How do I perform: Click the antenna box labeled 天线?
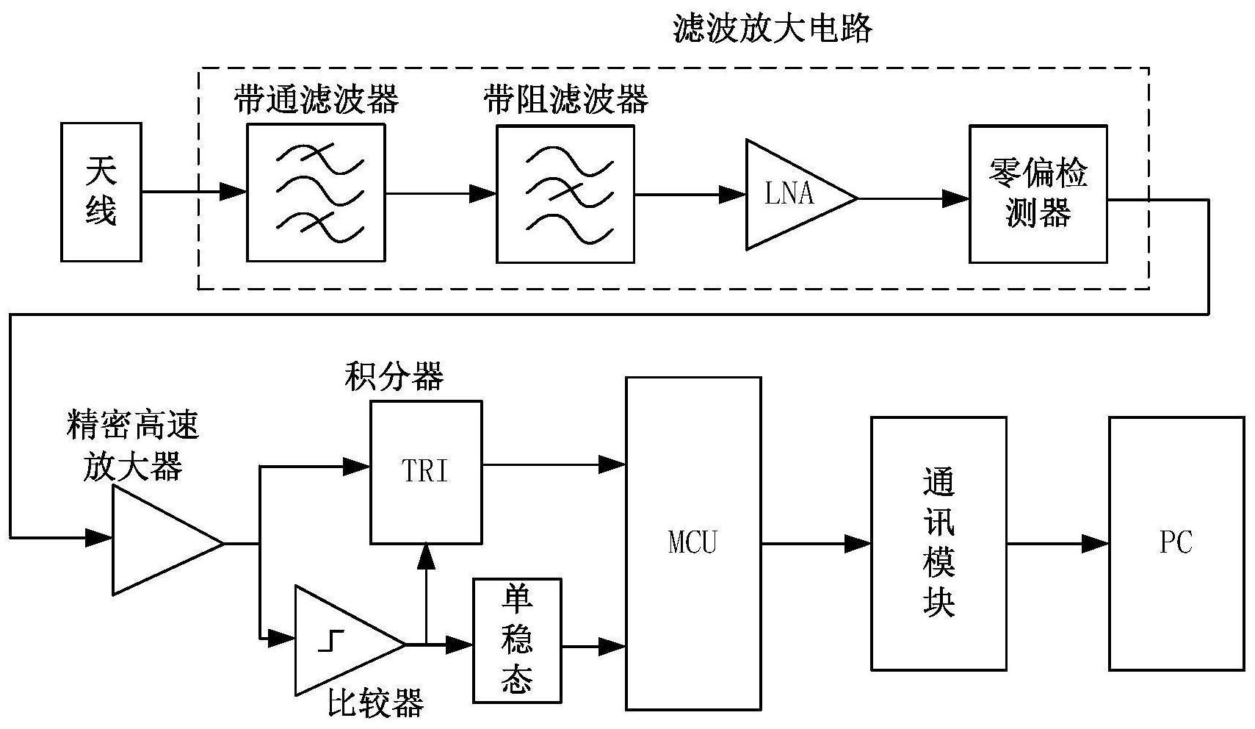101,192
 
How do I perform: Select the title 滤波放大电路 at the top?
773,29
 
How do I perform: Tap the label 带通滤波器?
317,100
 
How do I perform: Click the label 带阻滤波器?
566,100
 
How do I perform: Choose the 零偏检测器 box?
1037,194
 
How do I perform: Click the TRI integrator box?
426,472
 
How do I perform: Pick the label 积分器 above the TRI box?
394,377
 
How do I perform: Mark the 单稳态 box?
517,640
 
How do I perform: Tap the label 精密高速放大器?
133,445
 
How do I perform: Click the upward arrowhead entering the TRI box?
426,557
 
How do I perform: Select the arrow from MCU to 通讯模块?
815,544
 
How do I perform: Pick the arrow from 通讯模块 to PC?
1057,544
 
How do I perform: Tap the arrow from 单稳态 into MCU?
594,647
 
